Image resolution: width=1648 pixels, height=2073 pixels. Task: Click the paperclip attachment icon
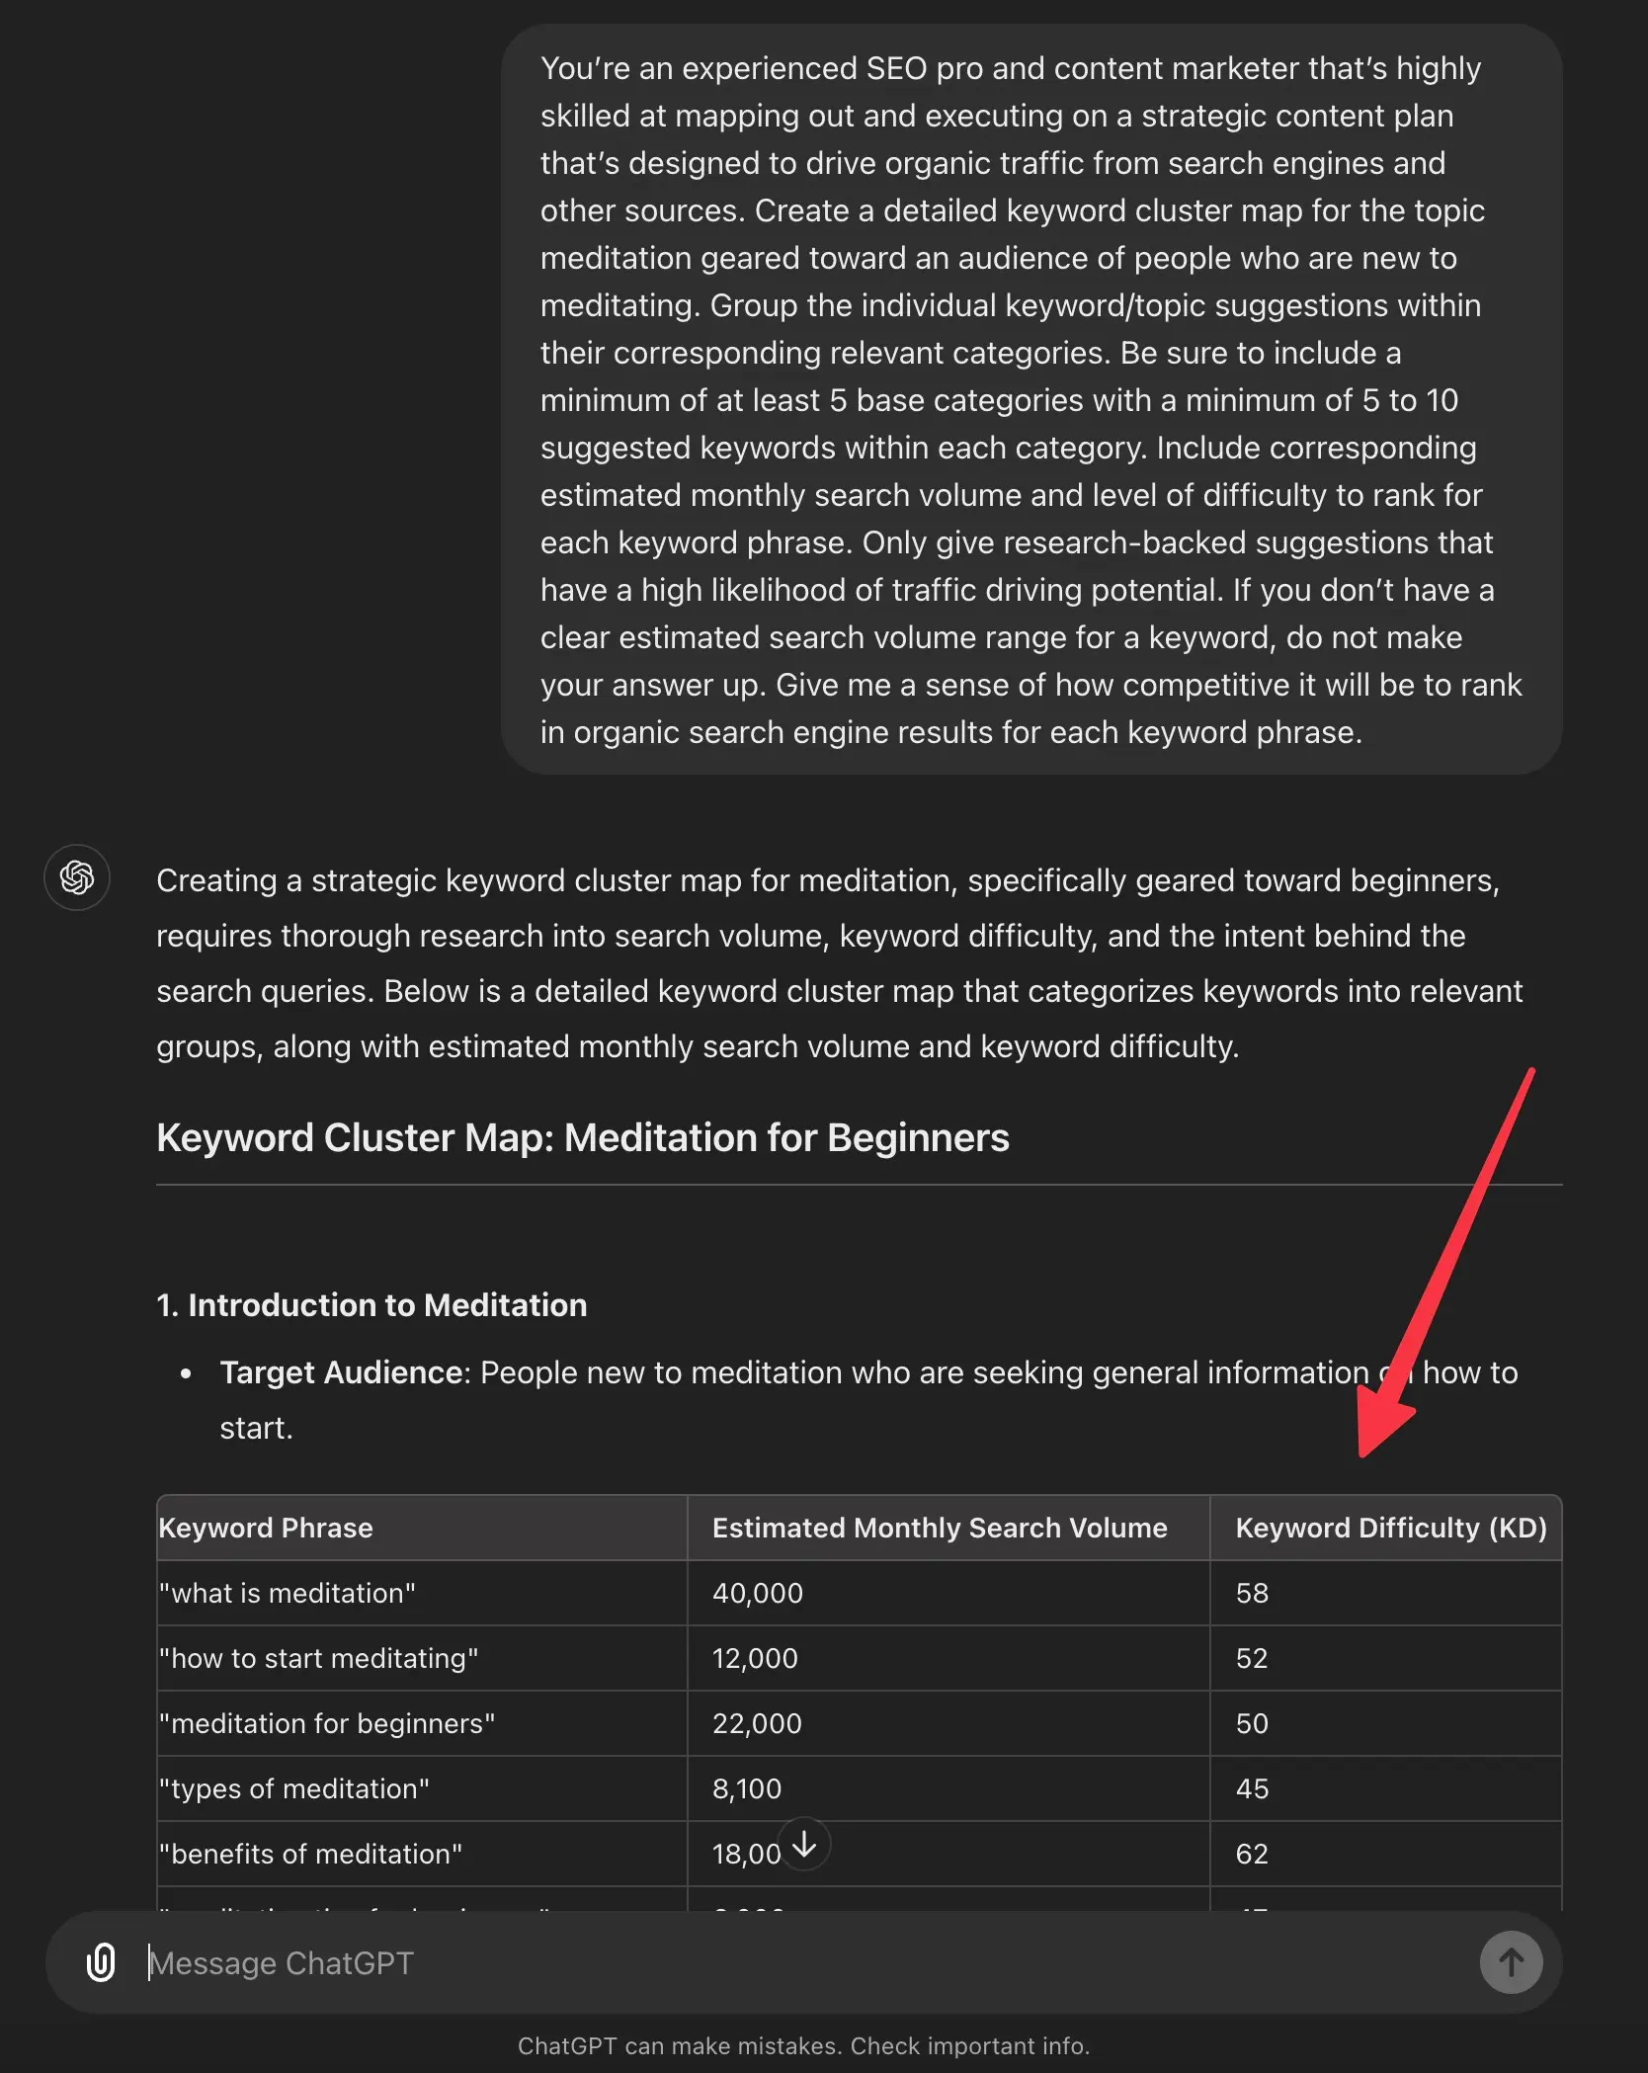click(x=101, y=1962)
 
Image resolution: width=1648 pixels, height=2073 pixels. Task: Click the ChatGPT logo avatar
click(x=77, y=877)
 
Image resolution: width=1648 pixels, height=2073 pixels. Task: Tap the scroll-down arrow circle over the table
click(x=804, y=1844)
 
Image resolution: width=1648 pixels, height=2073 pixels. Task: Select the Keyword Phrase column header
click(x=266, y=1528)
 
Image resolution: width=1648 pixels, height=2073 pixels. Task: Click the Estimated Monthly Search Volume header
click(x=939, y=1528)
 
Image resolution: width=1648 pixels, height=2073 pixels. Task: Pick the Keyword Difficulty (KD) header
click(x=1390, y=1528)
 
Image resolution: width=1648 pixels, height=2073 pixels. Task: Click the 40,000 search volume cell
click(x=758, y=1593)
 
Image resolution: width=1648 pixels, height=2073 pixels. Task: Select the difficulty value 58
click(x=1252, y=1593)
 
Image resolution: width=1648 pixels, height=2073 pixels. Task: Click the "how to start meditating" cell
click(x=318, y=1658)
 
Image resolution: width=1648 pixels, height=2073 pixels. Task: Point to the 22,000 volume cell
click(x=757, y=1723)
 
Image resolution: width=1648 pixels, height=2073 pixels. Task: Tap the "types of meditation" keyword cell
click(x=294, y=1788)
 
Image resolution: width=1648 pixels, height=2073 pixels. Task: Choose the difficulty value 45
click(x=1252, y=1788)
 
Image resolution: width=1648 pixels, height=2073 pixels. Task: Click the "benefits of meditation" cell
click(x=310, y=1854)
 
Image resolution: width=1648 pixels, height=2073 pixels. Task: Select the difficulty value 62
click(x=1252, y=1854)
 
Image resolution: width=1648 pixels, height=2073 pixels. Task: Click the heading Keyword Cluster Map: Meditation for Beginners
click(x=583, y=1137)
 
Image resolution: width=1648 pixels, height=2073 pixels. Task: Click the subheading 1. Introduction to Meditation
click(x=371, y=1305)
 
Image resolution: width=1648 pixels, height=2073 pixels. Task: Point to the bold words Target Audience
click(x=341, y=1372)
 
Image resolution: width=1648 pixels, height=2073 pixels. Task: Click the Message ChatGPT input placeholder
click(x=282, y=1962)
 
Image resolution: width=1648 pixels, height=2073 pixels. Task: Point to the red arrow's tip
click(x=1363, y=1454)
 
